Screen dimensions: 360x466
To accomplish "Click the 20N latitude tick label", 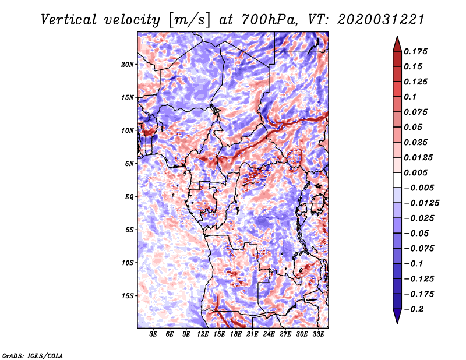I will tap(128, 64).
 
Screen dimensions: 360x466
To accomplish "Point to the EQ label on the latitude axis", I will tap(129, 197).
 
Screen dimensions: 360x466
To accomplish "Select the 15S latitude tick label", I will tap(128, 296).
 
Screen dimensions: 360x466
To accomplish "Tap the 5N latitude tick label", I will tap(129, 164).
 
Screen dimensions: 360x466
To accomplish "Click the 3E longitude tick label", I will tap(154, 334).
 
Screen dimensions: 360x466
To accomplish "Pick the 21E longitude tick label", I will tap(252, 334).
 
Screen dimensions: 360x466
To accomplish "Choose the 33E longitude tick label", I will tap(318, 334).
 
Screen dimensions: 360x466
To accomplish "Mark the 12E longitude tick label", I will tap(203, 334).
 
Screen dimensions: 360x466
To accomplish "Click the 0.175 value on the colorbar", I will tap(417, 51).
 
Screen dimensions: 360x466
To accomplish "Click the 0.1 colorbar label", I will tap(411, 97).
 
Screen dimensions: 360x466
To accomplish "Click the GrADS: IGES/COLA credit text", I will tap(32, 355).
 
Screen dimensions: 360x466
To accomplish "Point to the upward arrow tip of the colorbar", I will tap(396, 37).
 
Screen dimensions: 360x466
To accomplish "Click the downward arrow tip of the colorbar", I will tap(396, 322).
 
